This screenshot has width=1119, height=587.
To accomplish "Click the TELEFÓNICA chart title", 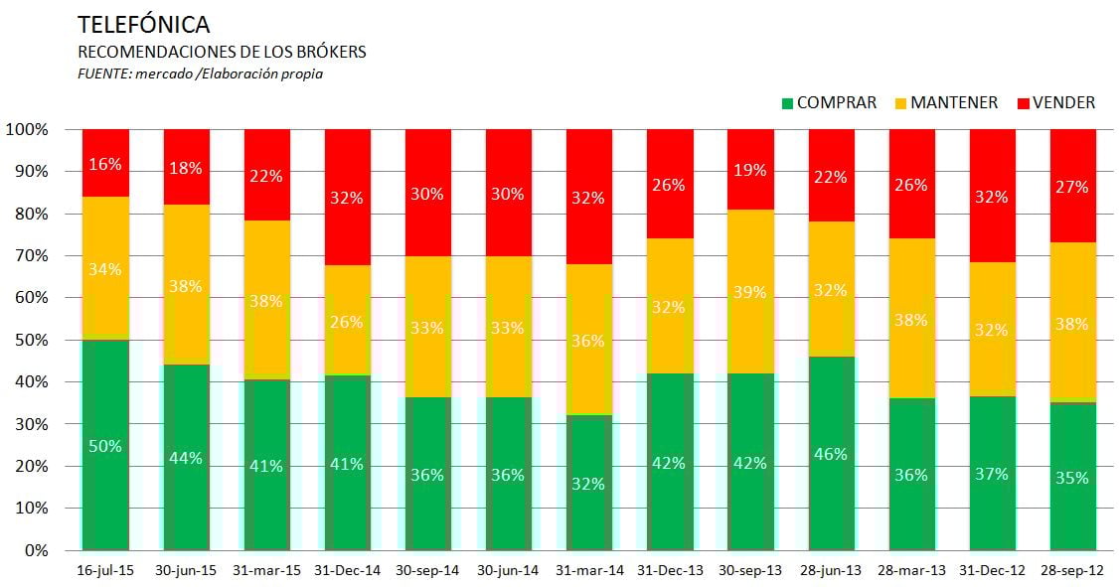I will pyautogui.click(x=143, y=25).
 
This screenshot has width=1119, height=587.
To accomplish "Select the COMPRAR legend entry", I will pyautogui.click(x=829, y=102).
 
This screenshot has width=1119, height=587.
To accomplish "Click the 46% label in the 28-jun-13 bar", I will pyautogui.click(x=831, y=454).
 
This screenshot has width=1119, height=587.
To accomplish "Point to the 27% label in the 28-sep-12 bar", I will pyautogui.click(x=1072, y=187).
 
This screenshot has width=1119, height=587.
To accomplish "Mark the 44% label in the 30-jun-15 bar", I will pyautogui.click(x=186, y=458).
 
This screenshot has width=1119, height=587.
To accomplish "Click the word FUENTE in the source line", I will pyautogui.click(x=100, y=73).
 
